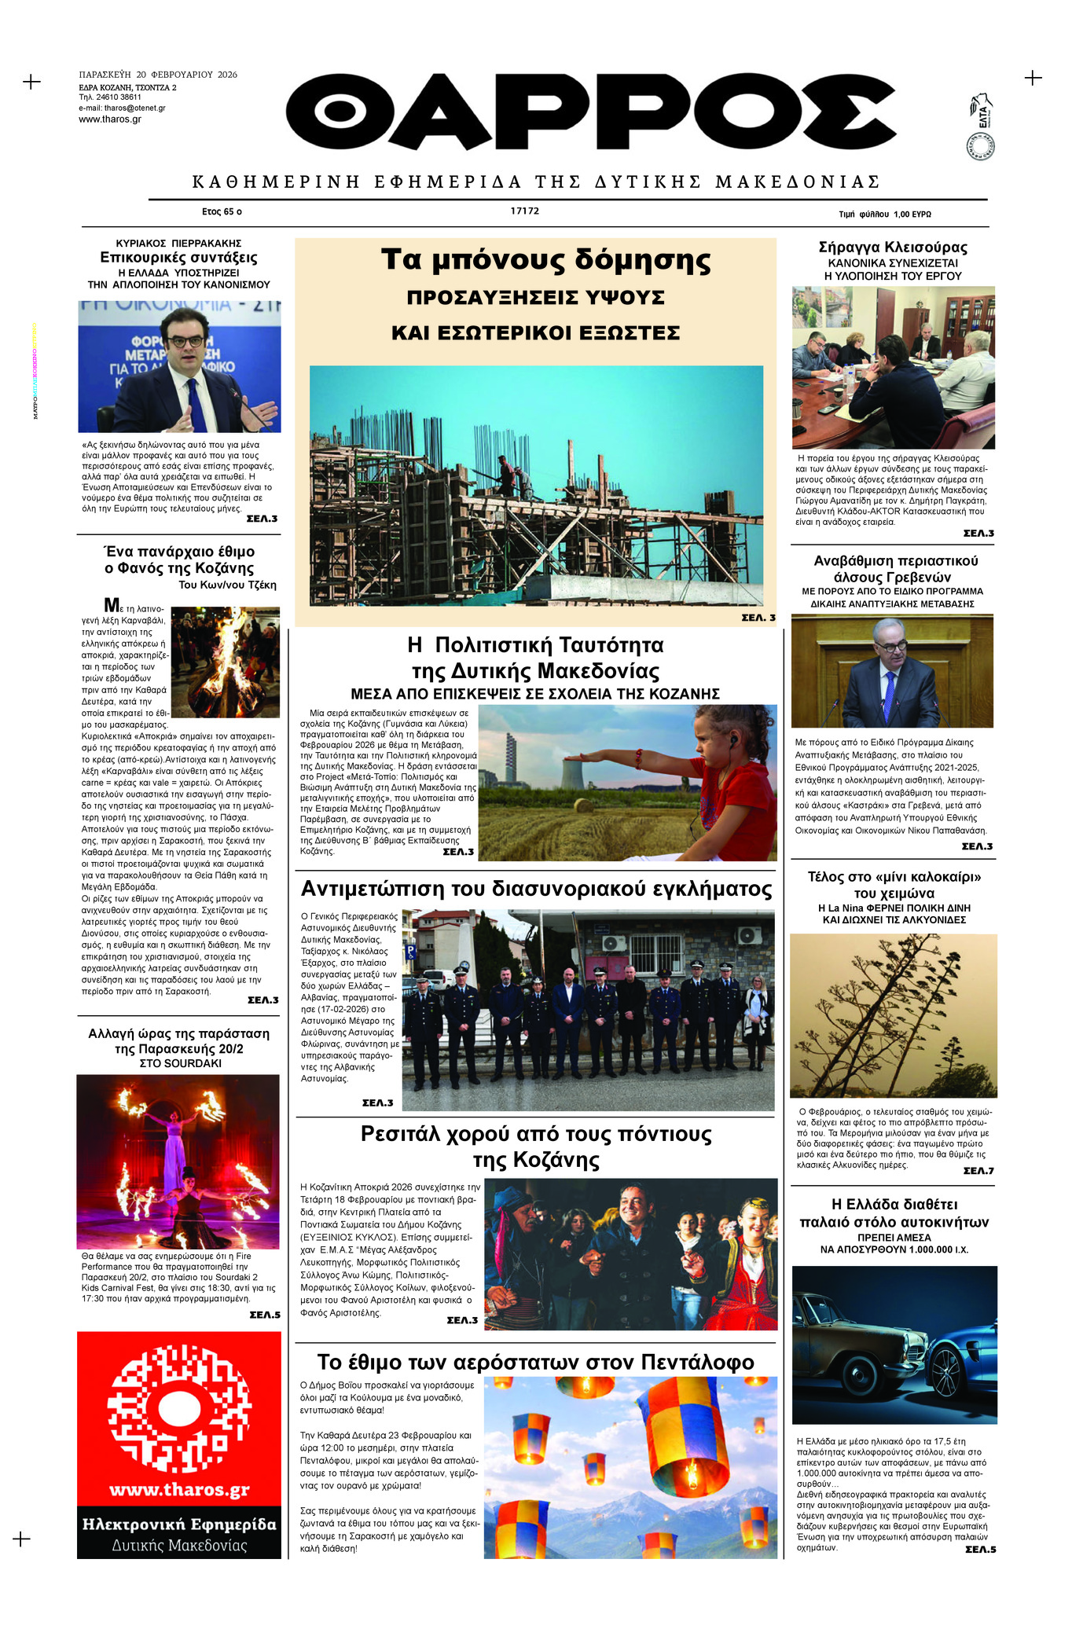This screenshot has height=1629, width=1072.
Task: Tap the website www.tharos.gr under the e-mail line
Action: click(x=110, y=119)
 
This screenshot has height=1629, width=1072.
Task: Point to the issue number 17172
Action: click(x=524, y=211)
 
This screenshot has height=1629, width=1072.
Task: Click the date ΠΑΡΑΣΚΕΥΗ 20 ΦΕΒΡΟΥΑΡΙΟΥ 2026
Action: click(x=158, y=75)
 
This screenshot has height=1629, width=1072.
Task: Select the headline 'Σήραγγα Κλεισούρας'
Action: click(x=892, y=248)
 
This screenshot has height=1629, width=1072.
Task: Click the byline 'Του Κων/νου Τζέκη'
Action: click(x=227, y=585)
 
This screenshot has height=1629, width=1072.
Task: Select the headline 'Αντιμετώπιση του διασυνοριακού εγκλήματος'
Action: click(x=536, y=889)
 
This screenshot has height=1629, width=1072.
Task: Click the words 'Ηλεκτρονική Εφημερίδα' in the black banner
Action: click(x=179, y=1524)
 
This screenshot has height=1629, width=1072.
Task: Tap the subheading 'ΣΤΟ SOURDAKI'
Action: click(x=180, y=1063)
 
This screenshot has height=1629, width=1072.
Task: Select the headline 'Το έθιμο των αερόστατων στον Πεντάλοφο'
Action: click(x=535, y=1362)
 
